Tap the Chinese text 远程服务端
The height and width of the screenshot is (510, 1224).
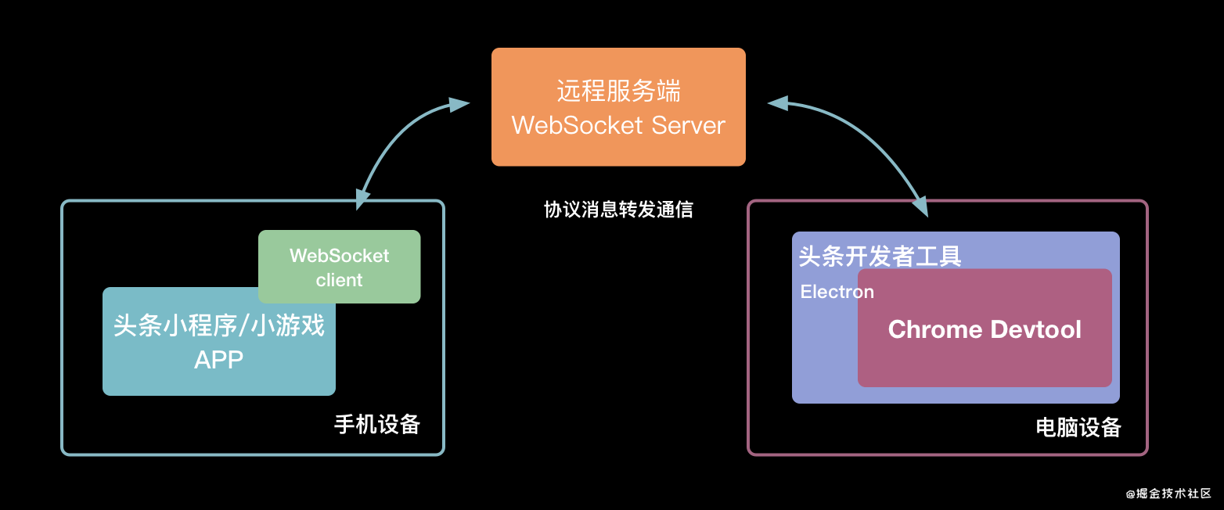(618, 92)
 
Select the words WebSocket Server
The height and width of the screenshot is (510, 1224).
(618, 125)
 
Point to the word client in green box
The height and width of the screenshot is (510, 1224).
(339, 280)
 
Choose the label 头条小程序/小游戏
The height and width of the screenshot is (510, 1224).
(219, 325)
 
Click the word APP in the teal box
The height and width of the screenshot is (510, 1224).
(219, 360)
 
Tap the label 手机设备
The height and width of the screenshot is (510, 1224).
(377, 424)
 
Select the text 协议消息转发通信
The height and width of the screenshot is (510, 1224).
(618, 210)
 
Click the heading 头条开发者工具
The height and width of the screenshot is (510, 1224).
(880, 256)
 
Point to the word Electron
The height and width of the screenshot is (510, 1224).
(837, 292)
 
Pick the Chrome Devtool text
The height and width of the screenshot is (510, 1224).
(985, 329)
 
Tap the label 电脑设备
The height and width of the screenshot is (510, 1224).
(1078, 427)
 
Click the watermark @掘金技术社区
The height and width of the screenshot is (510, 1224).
(1168, 494)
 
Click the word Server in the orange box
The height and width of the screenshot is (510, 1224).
(689, 125)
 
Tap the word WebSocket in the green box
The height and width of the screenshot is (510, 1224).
(339, 256)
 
